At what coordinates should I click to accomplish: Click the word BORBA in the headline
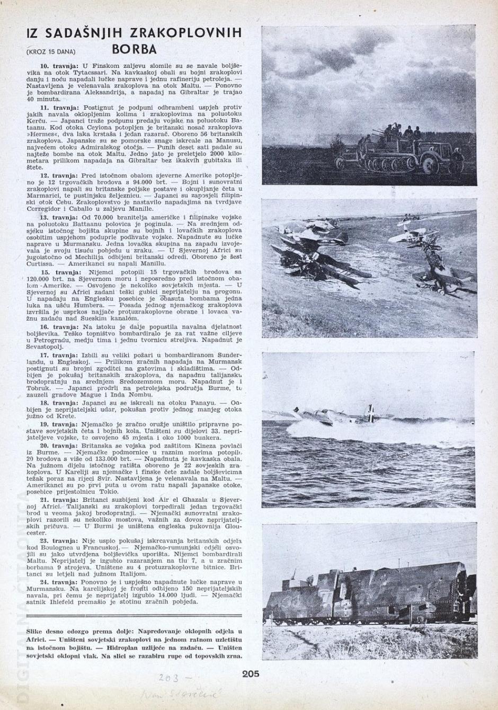pyautogui.click(x=135, y=49)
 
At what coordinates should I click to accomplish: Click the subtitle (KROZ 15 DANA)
pyautogui.click(x=50, y=51)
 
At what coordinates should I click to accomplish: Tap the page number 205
pyautogui.click(x=251, y=673)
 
